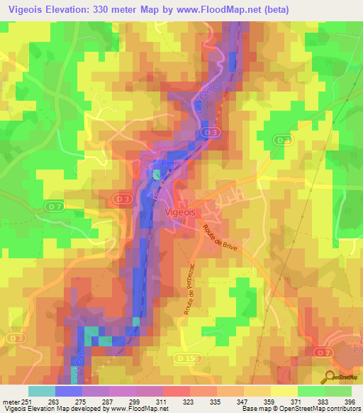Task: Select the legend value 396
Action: point(347,402)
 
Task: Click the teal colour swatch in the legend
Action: point(42,391)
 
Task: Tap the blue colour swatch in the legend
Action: point(69,391)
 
